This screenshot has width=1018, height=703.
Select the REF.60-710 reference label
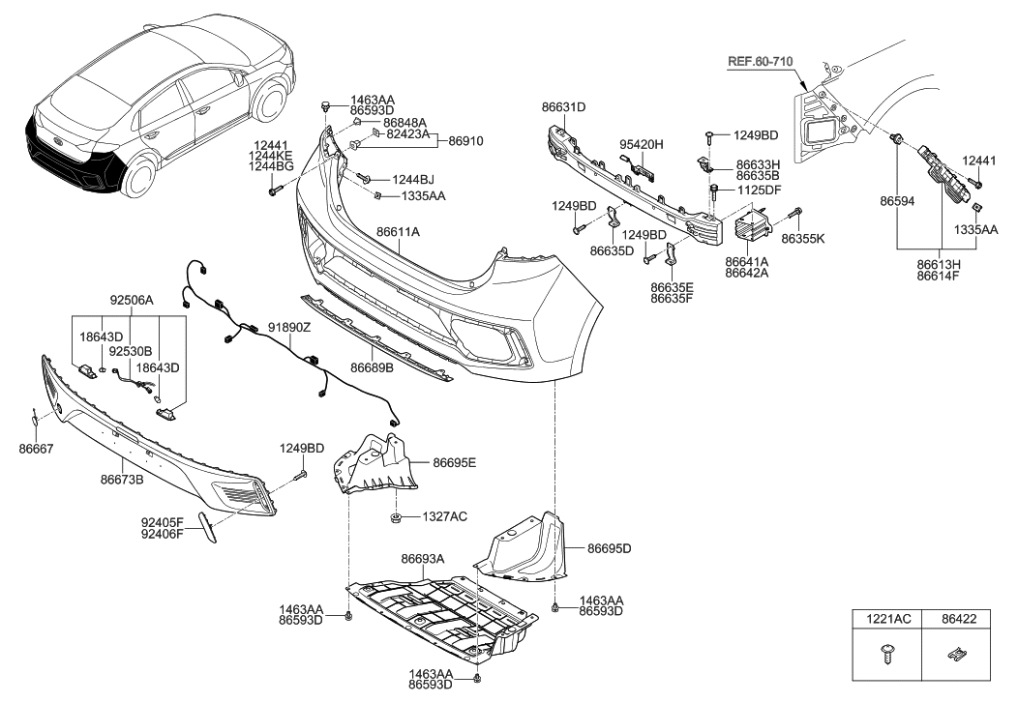760,62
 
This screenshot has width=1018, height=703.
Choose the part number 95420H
642,144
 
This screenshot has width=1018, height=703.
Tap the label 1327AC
444,517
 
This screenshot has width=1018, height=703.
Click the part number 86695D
608,549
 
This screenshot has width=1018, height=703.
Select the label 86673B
122,478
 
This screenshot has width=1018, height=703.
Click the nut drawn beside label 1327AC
397,519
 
